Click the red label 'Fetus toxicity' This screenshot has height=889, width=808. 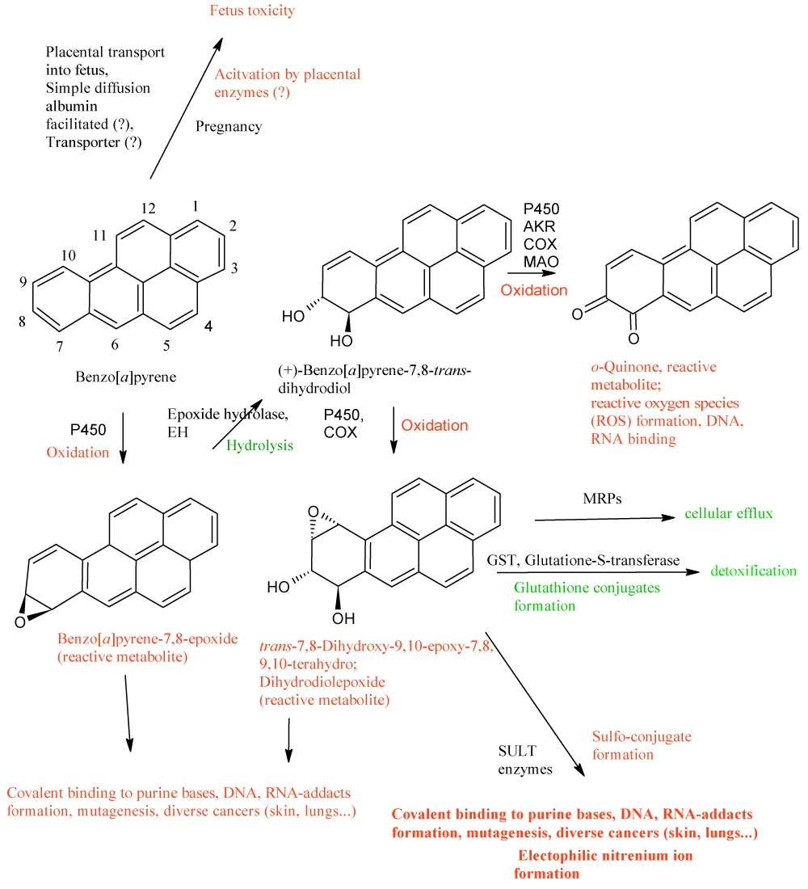point(252,11)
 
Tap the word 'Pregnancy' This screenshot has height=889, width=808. point(229,126)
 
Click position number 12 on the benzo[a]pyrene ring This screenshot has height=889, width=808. point(148,209)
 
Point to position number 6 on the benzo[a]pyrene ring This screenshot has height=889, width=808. point(115,345)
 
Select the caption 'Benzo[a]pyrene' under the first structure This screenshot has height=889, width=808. point(126,377)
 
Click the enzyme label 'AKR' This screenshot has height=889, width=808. point(539,227)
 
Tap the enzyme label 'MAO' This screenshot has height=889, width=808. point(541,262)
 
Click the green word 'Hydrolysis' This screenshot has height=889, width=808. point(259,445)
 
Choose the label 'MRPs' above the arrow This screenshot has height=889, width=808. point(602,499)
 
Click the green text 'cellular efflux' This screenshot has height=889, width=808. point(729,513)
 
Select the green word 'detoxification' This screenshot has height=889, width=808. point(754,571)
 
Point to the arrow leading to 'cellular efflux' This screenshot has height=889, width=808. point(605,518)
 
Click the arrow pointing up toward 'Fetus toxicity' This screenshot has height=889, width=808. point(187,108)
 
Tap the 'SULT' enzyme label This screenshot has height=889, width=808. point(517,752)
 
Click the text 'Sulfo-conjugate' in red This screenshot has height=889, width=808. point(642,737)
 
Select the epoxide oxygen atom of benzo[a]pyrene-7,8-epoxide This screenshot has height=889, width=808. point(20,622)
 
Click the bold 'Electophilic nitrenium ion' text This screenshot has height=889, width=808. point(605,856)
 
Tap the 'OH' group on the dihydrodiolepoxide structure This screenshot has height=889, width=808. point(343,618)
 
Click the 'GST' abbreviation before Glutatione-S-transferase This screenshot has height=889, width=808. point(503,561)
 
